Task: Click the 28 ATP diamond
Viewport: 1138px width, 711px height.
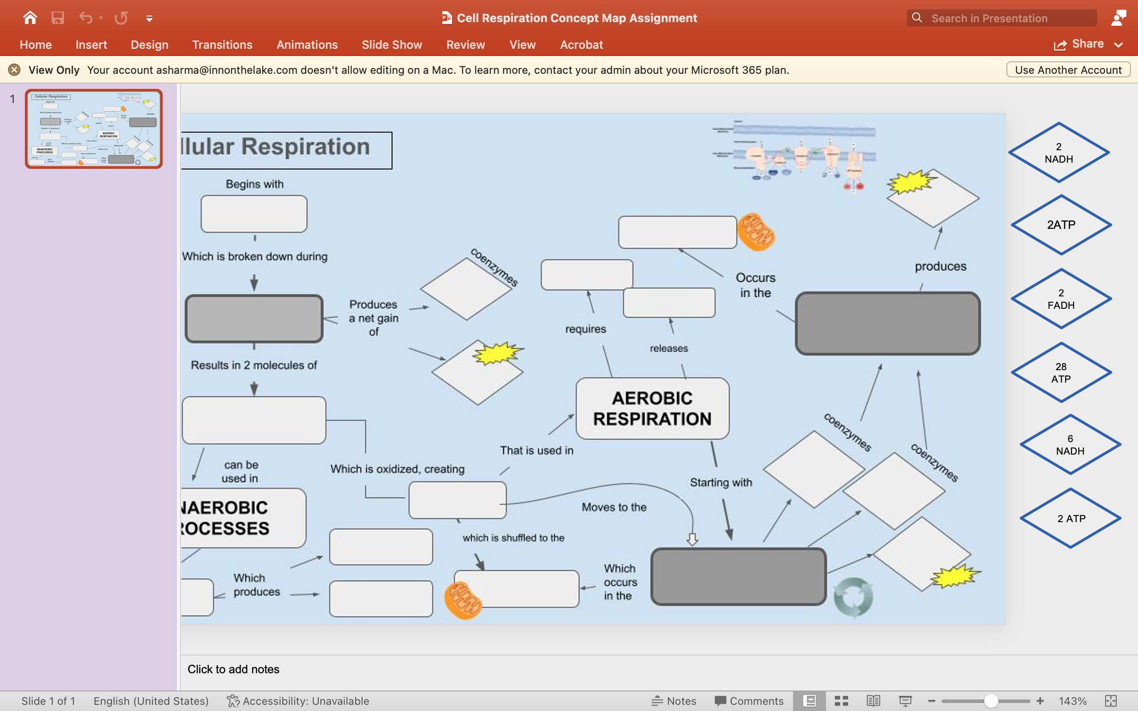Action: click(x=1061, y=372)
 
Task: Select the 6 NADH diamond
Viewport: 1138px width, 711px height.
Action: click(x=1070, y=444)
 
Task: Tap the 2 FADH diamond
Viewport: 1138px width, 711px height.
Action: click(x=1061, y=299)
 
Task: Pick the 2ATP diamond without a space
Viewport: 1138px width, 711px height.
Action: click(x=1061, y=225)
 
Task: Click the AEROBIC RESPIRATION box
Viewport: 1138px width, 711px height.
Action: click(x=652, y=408)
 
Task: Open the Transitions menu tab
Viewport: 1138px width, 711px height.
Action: click(x=222, y=45)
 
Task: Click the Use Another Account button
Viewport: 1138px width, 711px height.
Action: click(x=1068, y=70)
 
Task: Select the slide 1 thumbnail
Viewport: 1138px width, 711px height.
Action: click(x=94, y=128)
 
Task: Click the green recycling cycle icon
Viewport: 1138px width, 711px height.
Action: click(x=853, y=596)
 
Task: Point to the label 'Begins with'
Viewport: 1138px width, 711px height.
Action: click(x=254, y=184)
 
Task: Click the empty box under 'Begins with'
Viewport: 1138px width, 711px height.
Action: click(x=254, y=214)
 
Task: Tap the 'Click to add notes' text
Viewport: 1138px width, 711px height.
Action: click(x=233, y=669)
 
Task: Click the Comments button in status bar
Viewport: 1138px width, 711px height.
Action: click(x=749, y=701)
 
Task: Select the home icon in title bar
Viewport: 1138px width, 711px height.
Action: click(x=30, y=18)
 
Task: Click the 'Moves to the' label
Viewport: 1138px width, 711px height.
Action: click(x=613, y=507)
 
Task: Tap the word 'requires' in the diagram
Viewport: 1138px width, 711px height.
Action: click(x=585, y=329)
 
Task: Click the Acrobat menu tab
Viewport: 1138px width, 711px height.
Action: click(x=581, y=45)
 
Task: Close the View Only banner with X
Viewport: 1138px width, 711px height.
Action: click(x=14, y=70)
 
